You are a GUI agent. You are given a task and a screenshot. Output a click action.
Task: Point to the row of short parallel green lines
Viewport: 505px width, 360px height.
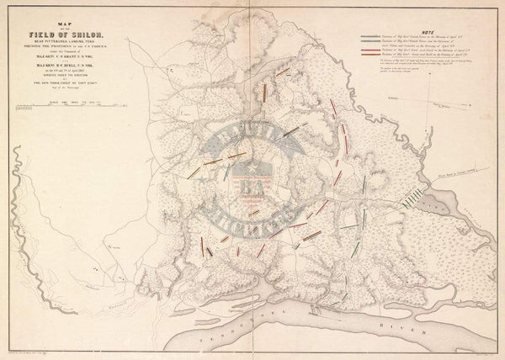coord(412,199)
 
